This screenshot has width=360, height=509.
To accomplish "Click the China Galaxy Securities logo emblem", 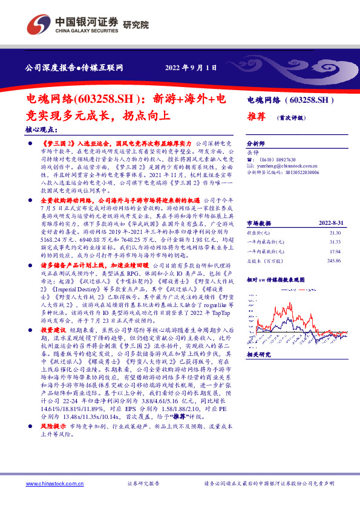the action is pos(39,22).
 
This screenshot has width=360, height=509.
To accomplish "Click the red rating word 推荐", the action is pos(257,117).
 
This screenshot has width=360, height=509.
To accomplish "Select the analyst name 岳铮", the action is pos(254,153).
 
